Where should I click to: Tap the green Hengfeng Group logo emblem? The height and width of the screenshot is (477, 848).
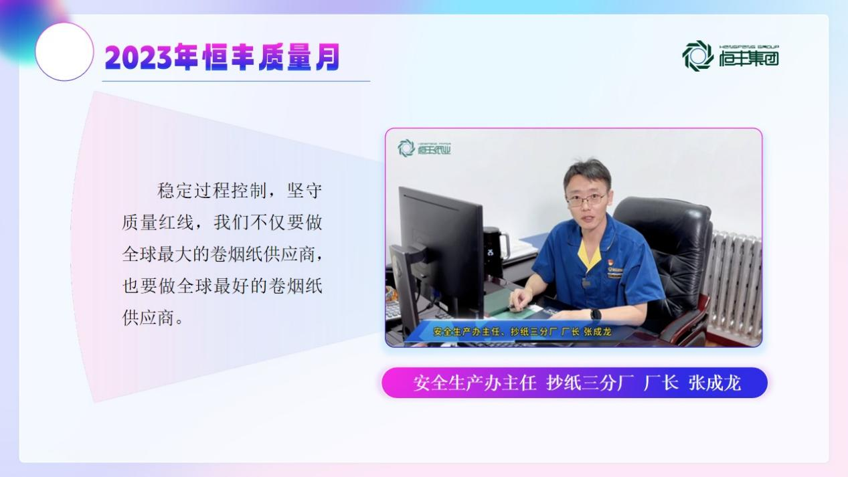[697, 56]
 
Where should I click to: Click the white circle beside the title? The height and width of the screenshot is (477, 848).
[64, 52]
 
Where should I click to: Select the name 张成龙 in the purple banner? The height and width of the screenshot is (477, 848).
[714, 383]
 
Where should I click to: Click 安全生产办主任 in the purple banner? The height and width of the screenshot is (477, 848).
[475, 383]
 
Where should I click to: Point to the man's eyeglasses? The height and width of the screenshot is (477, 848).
[586, 199]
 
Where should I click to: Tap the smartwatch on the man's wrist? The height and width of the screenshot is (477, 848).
[595, 314]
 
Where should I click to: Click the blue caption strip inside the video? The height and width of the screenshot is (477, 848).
[522, 332]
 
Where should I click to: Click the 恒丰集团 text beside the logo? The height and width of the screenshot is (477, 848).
[749, 58]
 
